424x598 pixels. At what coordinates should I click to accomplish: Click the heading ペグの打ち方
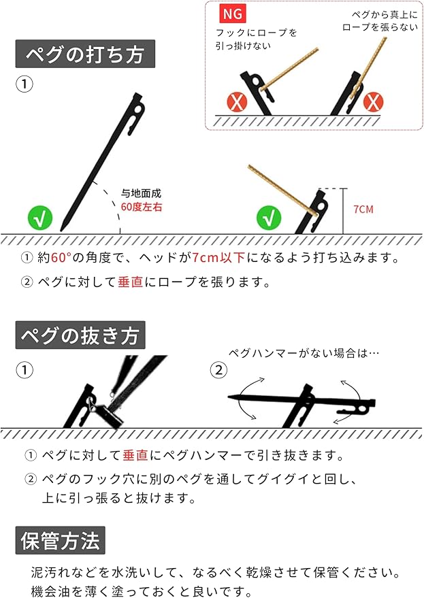(x=85, y=54)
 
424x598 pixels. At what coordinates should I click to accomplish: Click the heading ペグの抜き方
(x=80, y=335)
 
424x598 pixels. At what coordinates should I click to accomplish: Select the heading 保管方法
(x=61, y=541)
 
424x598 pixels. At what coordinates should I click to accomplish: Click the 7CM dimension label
(x=363, y=210)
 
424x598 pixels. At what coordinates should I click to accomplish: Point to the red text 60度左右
(x=142, y=205)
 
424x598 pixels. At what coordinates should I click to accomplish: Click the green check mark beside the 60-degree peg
(x=40, y=220)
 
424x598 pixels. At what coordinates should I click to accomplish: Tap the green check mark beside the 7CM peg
(x=269, y=219)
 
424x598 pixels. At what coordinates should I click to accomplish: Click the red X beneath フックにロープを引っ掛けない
(x=237, y=103)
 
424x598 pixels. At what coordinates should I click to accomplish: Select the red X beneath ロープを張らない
(x=372, y=103)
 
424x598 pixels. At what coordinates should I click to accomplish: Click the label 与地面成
(x=141, y=193)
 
